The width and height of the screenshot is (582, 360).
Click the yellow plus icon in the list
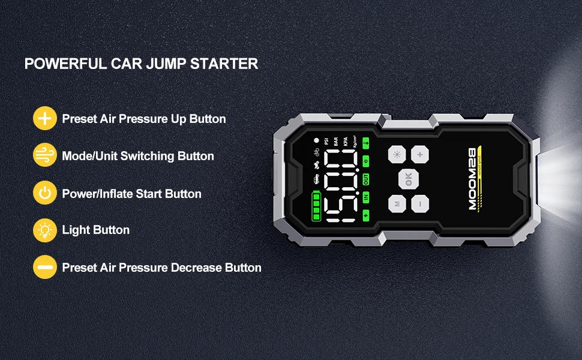point(44,118)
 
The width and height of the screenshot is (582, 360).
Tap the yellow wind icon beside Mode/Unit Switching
point(44,156)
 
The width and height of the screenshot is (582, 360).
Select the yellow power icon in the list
point(44,193)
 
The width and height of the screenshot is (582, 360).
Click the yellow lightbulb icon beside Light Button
point(44,230)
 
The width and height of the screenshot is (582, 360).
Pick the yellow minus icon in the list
point(44,267)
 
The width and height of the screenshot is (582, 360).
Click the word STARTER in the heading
point(224,64)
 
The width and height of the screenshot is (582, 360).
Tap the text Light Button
point(95,230)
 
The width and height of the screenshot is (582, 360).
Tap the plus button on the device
point(419,154)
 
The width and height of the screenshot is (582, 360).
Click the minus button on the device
point(420,204)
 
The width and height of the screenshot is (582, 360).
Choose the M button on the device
point(397,204)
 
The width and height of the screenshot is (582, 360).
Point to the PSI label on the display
point(326,142)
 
